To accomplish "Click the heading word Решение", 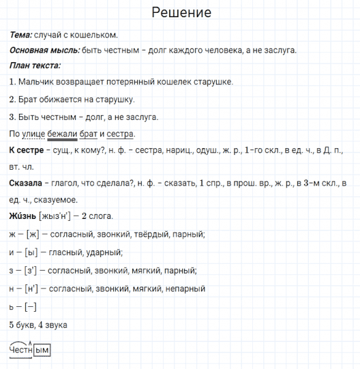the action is click(x=180, y=13).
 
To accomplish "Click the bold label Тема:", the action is click(x=22, y=34).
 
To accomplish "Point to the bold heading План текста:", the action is click(x=35, y=66).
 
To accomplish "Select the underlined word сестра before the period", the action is click(x=119, y=134).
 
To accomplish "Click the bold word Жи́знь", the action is click(x=23, y=216).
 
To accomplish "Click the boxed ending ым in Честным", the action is click(x=42, y=350).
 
